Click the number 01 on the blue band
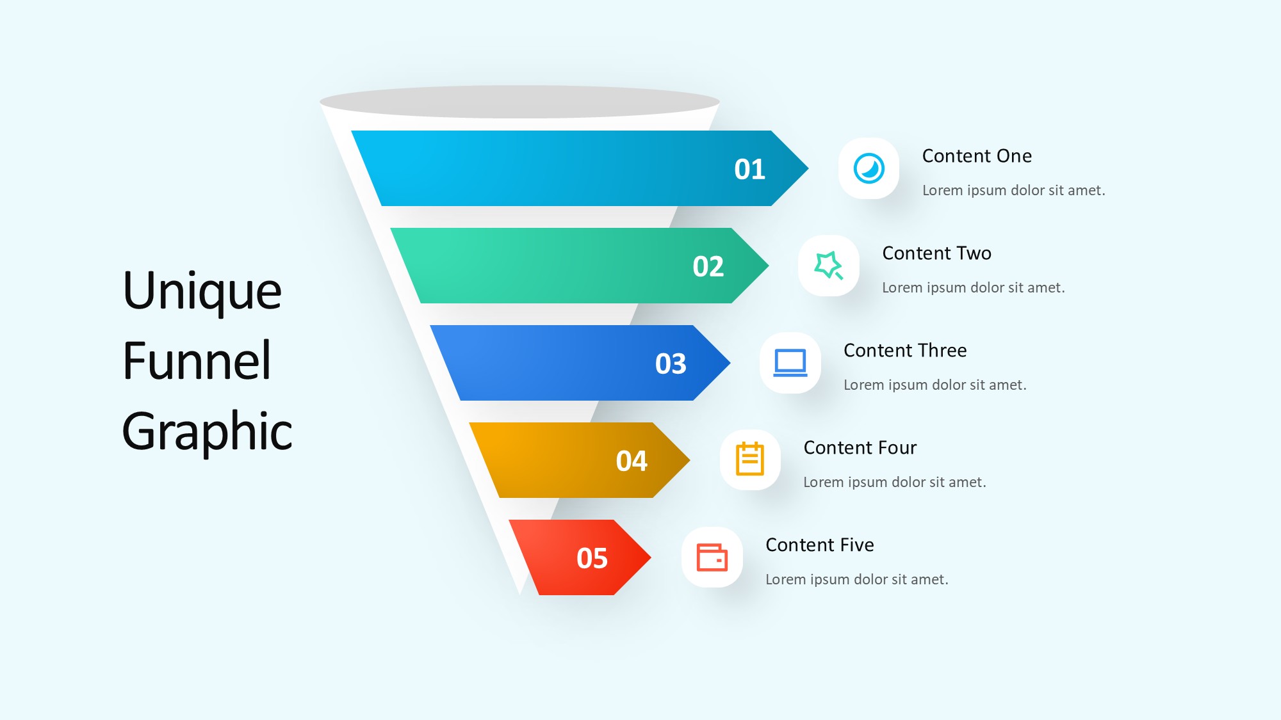tap(749, 170)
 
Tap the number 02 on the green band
tap(708, 267)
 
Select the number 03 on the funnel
tap(671, 364)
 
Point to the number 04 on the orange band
tap(632, 461)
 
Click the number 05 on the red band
tap(592, 559)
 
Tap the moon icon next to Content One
tap(869, 168)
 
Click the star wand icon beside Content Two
tap(829, 266)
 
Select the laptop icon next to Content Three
tap(790, 363)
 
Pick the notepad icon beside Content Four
tap(750, 459)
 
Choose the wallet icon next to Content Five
tap(712, 557)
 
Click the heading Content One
tap(977, 156)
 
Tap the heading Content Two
tap(936, 253)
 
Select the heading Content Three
tap(905, 351)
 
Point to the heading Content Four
tap(860, 448)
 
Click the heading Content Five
tap(820, 545)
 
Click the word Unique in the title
tap(202, 292)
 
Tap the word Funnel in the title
tap(197, 361)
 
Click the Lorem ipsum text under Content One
tap(1014, 191)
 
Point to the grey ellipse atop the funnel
tap(519, 102)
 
